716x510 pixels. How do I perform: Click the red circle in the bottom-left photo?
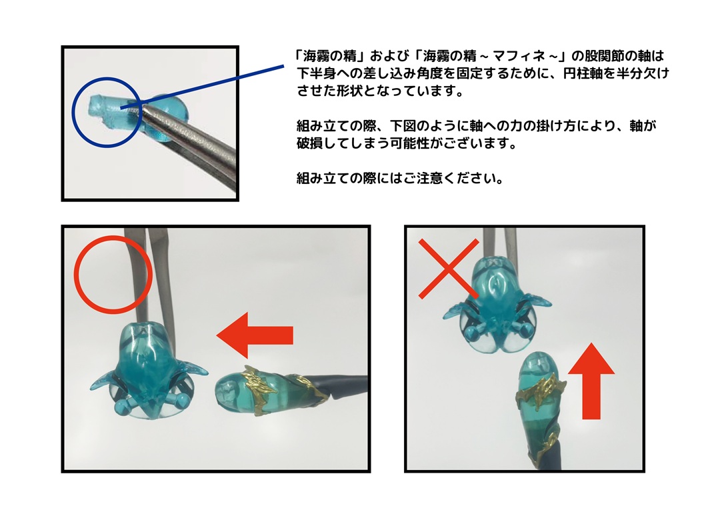coord(75,275)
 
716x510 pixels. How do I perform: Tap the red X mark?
coord(449,269)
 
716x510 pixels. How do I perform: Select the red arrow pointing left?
coord(255,335)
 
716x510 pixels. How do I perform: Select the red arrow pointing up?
coord(591,381)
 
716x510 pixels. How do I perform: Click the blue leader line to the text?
coord(202,87)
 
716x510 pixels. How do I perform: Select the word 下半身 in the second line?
coord(316,73)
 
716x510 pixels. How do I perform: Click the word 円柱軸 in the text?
coord(583,73)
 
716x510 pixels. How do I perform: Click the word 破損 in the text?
coord(309,143)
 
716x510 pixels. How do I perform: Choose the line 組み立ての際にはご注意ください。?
coord(399,177)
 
